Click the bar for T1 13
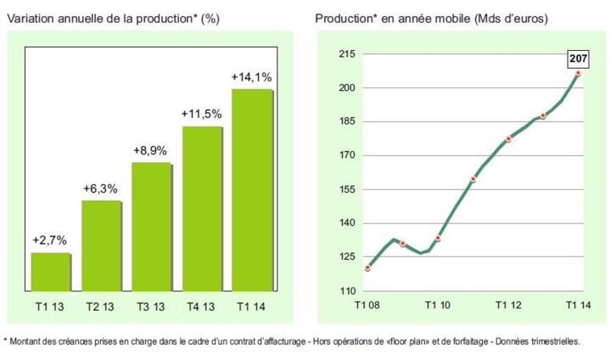pos(50,273)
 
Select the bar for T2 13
pos(101,246)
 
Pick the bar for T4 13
pos(201,209)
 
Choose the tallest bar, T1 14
pos(251,190)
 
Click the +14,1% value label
pos(251,77)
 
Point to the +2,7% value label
pos(50,241)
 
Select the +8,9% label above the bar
pos(151,150)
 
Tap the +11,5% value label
pos(201,114)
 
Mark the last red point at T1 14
pos(579,74)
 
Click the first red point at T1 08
pos(367,268)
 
